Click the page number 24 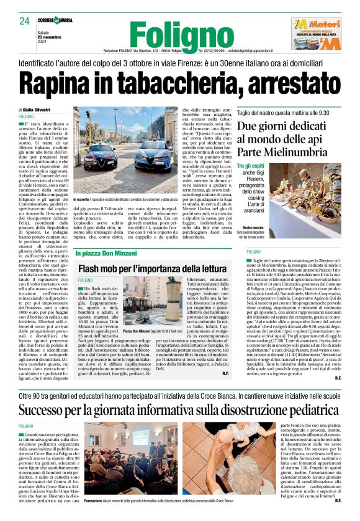click(x=25, y=22)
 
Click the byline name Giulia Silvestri click(x=41, y=110)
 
